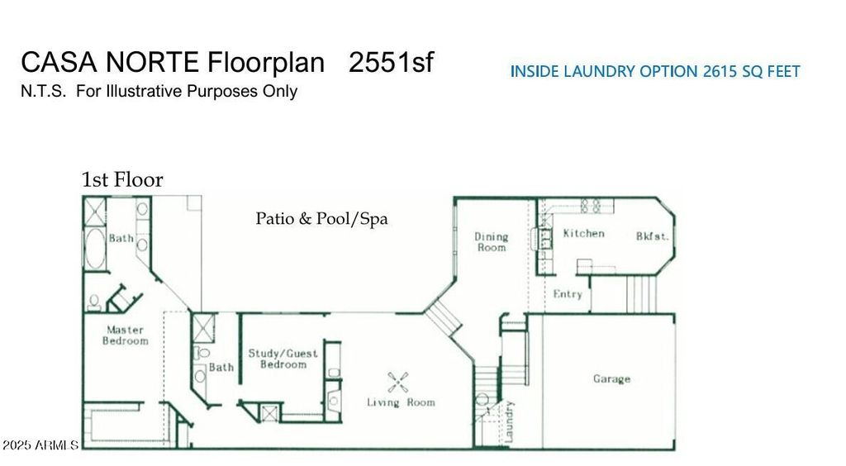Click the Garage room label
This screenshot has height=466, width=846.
coord(611,379)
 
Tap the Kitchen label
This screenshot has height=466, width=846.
coord(583,234)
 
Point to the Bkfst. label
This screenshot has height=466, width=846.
coord(652,236)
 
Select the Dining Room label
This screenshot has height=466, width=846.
coord(491,242)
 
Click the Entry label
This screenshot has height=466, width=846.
coord(568,294)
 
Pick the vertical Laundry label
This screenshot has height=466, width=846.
coord(509,421)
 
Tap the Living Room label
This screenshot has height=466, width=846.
coord(401,402)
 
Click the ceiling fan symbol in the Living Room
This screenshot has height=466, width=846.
coord(397,383)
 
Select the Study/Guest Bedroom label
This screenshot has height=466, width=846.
coord(283,359)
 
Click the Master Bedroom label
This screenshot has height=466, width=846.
coord(126,335)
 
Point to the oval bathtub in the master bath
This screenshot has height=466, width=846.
coord(95,249)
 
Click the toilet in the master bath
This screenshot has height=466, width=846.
coord(94,302)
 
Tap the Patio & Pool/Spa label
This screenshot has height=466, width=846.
coord(321,218)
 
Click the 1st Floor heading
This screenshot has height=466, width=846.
coord(122,179)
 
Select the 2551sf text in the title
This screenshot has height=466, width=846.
coord(391,62)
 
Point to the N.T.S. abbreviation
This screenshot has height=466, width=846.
coord(44,91)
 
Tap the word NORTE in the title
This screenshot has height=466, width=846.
coord(153,62)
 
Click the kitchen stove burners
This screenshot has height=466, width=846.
coord(590,206)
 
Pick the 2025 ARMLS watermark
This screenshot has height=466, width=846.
coord(40,445)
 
